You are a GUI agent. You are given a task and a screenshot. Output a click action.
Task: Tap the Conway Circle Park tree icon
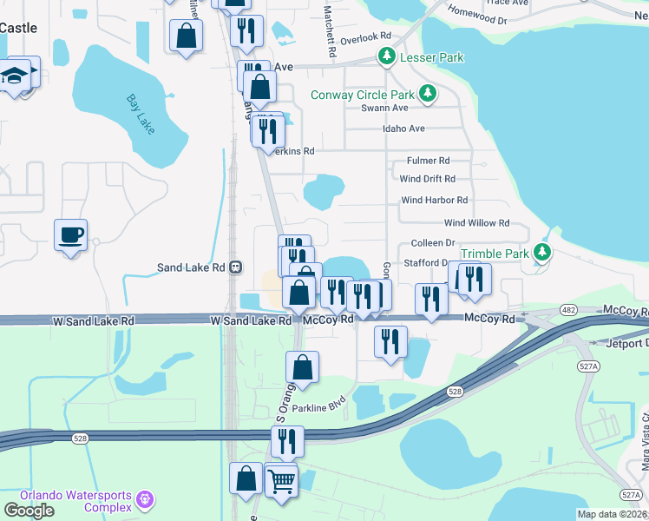[427, 94]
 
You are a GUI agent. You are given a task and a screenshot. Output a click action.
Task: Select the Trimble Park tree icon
[542, 253]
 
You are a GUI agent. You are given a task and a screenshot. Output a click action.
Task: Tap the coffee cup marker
[70, 234]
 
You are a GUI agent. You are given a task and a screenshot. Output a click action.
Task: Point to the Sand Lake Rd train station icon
[235, 268]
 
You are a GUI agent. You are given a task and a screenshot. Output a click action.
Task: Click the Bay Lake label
[140, 114]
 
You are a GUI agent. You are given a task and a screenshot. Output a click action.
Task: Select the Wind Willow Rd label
[476, 223]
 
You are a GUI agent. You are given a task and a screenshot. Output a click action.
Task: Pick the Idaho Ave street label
[403, 129]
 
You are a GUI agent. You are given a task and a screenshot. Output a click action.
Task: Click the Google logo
[29, 510]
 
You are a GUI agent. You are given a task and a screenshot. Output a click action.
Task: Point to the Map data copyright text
[611, 514]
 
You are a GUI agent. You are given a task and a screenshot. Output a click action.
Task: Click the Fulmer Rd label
[428, 161]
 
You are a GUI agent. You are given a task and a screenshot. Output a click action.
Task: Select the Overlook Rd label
[365, 37]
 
